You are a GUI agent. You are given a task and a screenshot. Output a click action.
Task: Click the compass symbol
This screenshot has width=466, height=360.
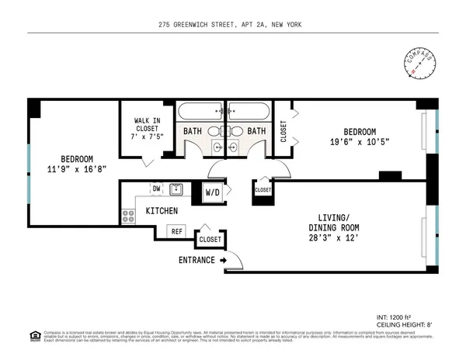tap(419, 65)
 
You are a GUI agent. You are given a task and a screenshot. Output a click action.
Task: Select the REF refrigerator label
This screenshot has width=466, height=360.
tap(176, 230)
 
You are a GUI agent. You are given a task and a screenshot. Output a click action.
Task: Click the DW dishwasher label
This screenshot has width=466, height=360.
tap(156, 188)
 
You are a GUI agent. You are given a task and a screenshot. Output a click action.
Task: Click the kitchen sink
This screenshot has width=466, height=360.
tap(177, 189)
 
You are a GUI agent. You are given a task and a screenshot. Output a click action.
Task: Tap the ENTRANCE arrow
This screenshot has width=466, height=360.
tap(224, 260)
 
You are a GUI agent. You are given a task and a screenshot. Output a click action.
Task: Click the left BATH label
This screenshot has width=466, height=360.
tap(193, 132)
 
